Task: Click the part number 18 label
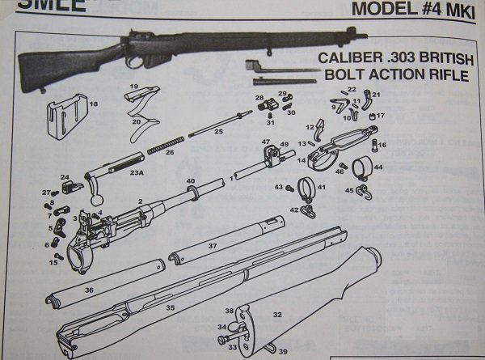(94, 104)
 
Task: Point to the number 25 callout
(217, 131)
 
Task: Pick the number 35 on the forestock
(171, 307)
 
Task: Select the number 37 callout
(212, 245)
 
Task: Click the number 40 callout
(192, 180)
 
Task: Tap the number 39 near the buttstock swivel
(282, 351)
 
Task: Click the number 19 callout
(133, 87)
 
